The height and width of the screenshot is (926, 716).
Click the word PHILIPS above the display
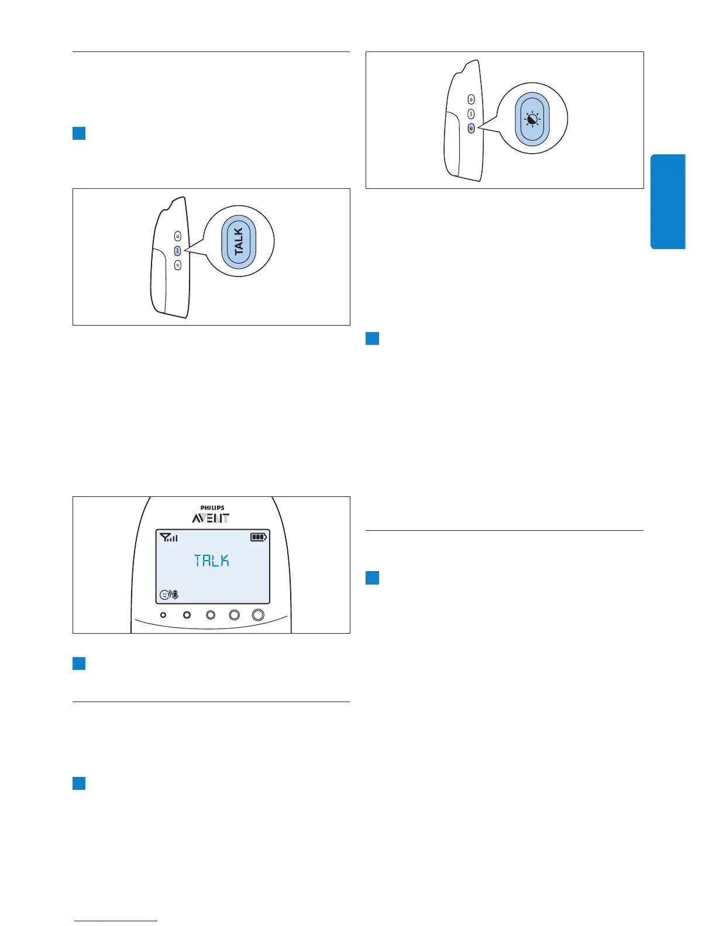coord(212,508)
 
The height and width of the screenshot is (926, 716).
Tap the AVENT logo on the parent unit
coord(211,519)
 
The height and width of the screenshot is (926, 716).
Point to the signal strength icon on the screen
coord(168,537)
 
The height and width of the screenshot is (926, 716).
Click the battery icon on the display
coord(259,537)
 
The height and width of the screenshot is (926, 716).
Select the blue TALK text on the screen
coord(212,561)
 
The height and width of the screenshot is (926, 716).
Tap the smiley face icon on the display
coord(164,595)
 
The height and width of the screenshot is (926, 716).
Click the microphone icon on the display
coord(175,595)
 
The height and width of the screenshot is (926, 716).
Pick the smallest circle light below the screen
coord(163,615)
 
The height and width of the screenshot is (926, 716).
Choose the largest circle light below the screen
coord(258,615)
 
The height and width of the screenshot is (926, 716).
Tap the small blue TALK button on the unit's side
coord(177,251)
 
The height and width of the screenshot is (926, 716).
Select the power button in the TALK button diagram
coord(177,237)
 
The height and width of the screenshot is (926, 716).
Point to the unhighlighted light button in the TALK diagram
coord(177,265)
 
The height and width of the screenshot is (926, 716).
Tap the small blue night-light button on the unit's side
coord(471,127)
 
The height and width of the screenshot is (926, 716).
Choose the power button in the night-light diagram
coord(471,100)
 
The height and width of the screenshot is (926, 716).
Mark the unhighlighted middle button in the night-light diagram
coord(471,114)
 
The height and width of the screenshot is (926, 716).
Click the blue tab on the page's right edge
coord(667,202)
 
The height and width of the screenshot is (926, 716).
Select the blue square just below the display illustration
coord(79,663)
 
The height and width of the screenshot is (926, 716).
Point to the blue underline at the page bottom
coord(116,921)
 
